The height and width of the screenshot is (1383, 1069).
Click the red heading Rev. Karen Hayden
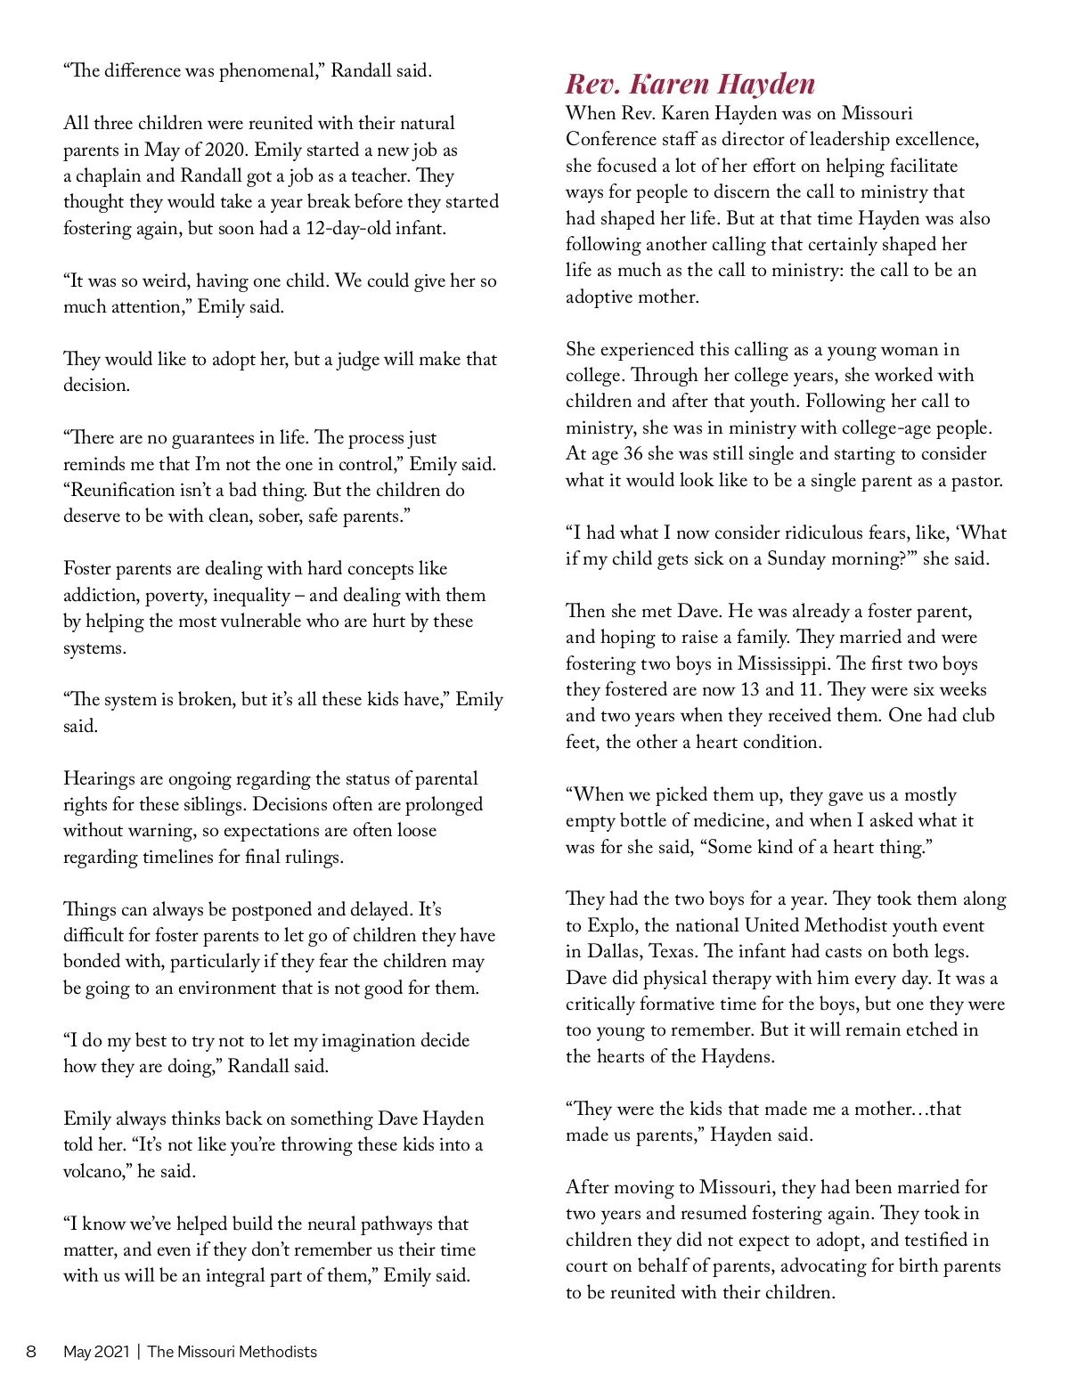[690, 84]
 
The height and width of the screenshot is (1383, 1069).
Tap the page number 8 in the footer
[31, 1351]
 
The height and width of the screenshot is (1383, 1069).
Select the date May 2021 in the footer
[96, 1351]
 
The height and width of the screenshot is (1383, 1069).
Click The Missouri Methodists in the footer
[232, 1351]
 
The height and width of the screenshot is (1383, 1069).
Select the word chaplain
[110, 175]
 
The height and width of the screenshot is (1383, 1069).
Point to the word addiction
[99, 595]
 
